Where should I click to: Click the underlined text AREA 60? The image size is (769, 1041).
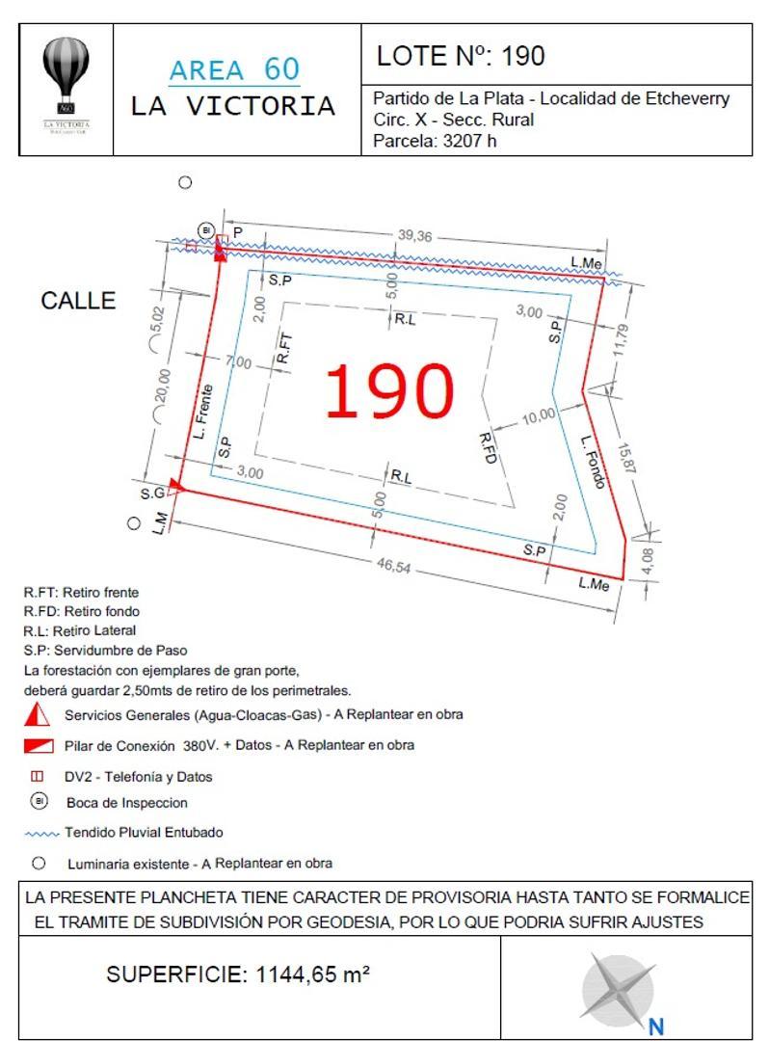(234, 70)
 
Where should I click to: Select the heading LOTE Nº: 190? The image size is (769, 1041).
(461, 56)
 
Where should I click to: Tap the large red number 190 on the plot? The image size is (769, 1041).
(389, 391)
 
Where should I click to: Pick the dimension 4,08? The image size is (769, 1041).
(646, 560)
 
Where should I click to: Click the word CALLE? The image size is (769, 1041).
(78, 301)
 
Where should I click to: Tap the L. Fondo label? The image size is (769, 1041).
(594, 462)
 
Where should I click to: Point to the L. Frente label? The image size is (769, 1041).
(201, 411)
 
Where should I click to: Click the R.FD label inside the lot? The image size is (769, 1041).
(488, 450)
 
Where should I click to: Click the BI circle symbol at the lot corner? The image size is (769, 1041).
(206, 229)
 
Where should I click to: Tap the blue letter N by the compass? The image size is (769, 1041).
(656, 1028)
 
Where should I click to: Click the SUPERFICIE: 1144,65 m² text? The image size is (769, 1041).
(238, 974)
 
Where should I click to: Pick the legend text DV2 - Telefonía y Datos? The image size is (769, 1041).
(138, 777)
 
